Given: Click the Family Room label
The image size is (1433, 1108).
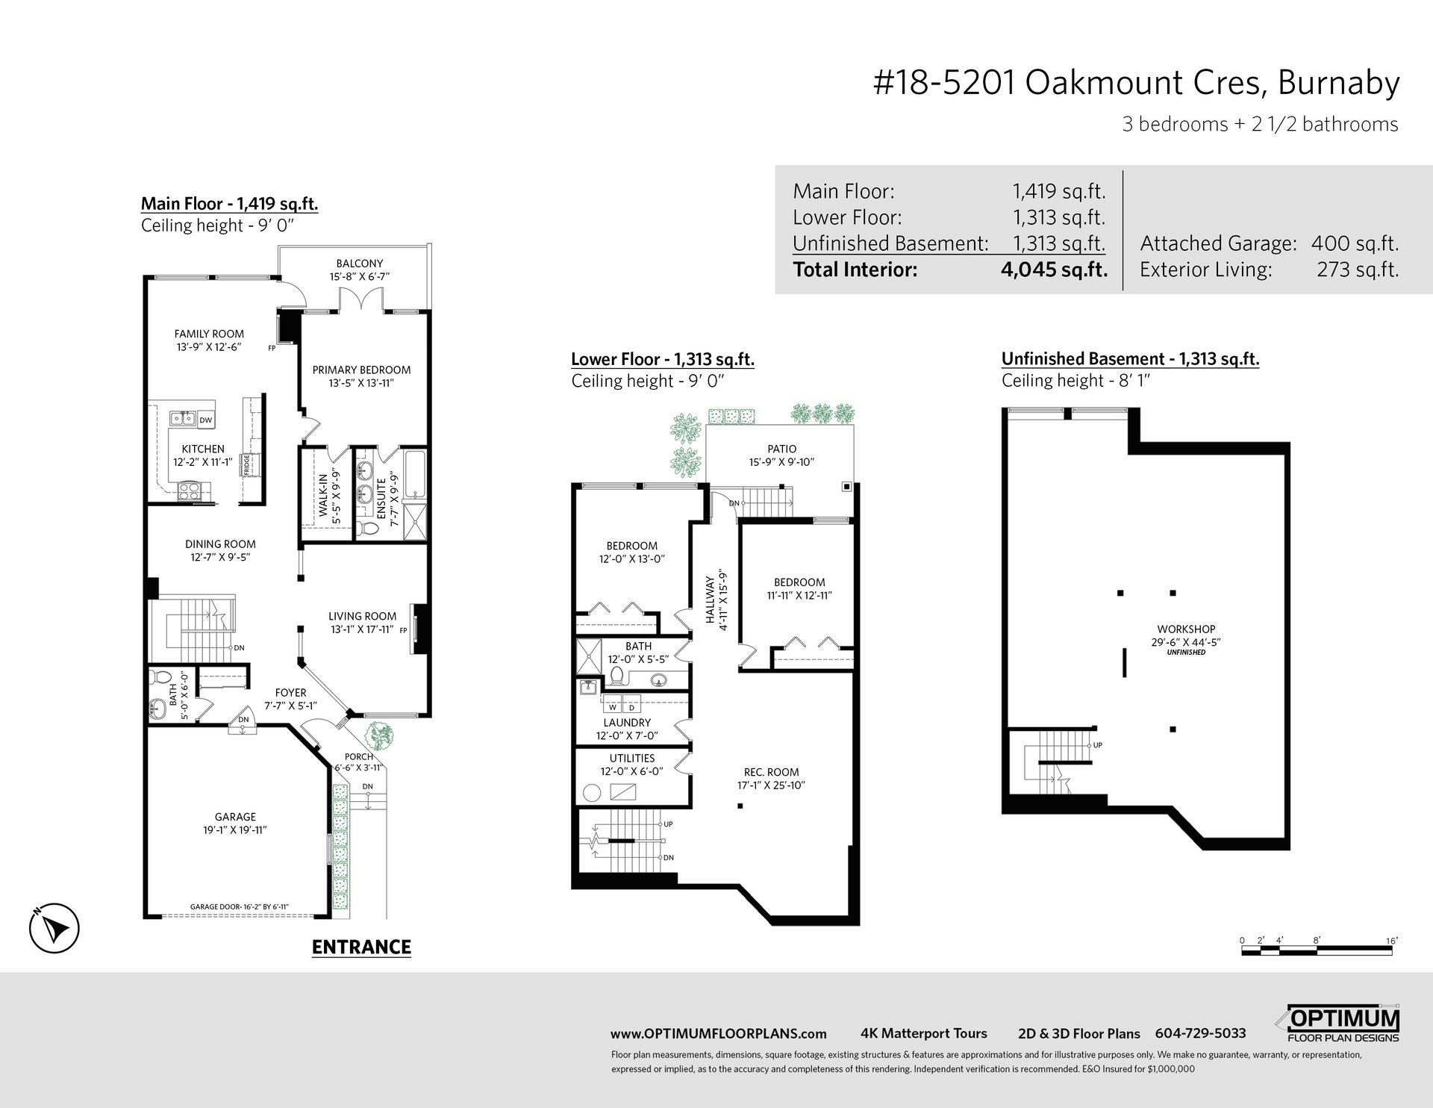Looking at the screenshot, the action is click(209, 334).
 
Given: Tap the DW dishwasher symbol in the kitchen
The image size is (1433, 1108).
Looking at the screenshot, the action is click(206, 420).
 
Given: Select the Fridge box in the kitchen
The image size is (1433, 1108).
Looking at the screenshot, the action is click(247, 464).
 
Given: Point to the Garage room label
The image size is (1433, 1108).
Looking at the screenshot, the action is click(235, 817).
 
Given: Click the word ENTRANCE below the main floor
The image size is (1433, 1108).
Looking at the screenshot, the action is click(361, 947).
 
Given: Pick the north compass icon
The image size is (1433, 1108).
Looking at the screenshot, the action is click(54, 929).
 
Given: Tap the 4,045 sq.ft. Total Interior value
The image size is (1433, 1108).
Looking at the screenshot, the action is click(1053, 270).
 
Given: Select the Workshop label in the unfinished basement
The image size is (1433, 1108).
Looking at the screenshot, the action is click(1186, 629).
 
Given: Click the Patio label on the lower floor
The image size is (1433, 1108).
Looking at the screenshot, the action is click(781, 449).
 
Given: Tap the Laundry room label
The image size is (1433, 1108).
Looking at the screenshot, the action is click(627, 723).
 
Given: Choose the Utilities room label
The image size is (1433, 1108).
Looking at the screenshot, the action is click(631, 758).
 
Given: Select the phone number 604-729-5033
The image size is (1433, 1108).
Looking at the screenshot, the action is click(1200, 1033).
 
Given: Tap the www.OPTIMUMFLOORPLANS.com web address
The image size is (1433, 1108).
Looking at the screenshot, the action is click(718, 1034).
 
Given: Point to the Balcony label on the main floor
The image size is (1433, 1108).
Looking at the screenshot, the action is click(359, 264).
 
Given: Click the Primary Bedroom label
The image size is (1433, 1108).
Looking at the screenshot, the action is click(361, 370).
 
